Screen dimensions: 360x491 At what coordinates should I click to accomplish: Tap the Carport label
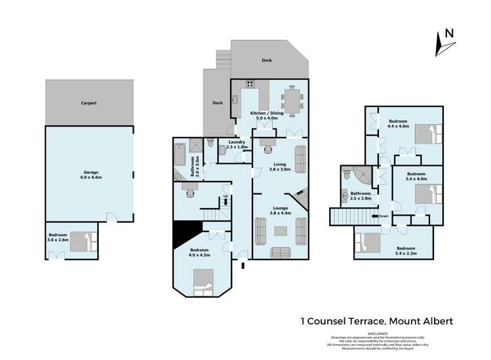89,103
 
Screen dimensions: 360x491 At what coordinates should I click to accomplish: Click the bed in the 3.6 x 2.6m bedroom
82,241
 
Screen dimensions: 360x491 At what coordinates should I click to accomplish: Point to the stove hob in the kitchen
250,83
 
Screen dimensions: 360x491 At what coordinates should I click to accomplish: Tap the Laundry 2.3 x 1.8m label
237,145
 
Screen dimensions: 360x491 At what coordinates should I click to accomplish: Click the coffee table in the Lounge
280,230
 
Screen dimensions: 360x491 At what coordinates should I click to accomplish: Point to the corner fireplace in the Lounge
301,195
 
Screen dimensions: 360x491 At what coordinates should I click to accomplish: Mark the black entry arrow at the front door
243,265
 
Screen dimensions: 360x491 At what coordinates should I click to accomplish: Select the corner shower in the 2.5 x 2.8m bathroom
357,175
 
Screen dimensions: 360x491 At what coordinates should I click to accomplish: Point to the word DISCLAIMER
380,332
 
